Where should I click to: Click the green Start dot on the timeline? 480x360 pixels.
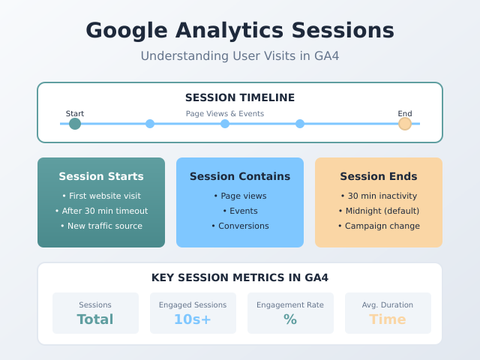75,124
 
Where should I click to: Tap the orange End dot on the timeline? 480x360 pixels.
405,124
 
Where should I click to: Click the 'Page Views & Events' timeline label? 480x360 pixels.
225,114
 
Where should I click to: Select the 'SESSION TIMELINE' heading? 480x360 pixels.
240,97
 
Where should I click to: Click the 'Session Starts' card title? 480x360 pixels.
101,177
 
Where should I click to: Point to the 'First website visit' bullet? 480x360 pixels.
101,196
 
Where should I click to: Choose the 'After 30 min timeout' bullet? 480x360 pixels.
101,211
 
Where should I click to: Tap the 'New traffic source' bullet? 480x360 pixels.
101,226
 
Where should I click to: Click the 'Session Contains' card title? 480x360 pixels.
240,177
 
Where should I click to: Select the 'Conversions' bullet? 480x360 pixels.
240,226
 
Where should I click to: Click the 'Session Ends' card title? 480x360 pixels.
379,177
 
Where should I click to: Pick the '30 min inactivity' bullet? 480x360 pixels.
379,196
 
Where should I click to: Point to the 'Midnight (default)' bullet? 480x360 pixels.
379,211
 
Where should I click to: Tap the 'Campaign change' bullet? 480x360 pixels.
379,226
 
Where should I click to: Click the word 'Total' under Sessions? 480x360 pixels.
95,319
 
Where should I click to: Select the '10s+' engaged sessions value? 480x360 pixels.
193,319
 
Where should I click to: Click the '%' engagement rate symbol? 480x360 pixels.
290,319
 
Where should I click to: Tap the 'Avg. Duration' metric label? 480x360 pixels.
388,305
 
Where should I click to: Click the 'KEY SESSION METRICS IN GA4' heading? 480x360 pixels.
240,277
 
